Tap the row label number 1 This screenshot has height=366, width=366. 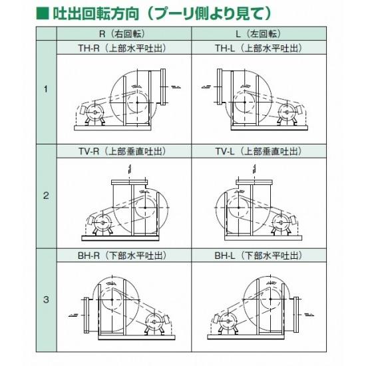point(46,90)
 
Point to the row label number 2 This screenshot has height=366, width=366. point(46,196)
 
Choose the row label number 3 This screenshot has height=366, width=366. point(46,300)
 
